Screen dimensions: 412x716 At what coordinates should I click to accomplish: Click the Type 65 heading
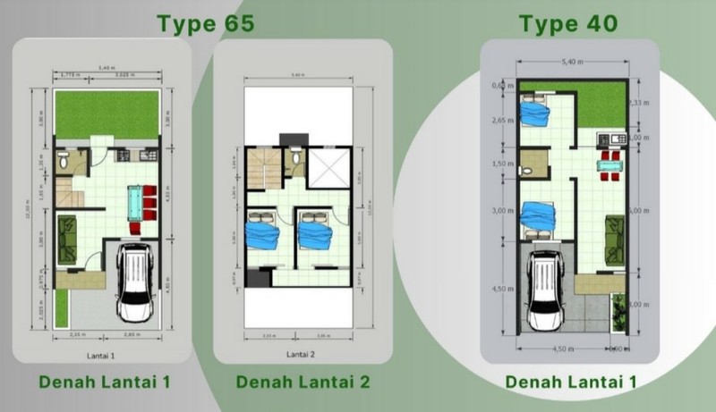tap(206, 23)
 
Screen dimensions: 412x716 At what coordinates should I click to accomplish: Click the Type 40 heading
tap(569, 23)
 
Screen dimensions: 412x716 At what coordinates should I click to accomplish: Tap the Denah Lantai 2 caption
tap(303, 383)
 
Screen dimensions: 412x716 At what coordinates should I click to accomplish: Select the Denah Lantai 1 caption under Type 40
tap(572, 383)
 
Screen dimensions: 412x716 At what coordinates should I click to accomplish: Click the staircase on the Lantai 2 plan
tap(260, 170)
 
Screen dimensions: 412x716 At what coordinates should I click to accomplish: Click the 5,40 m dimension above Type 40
tap(571, 63)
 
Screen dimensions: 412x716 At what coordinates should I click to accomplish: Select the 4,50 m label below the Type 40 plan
tap(561, 349)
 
